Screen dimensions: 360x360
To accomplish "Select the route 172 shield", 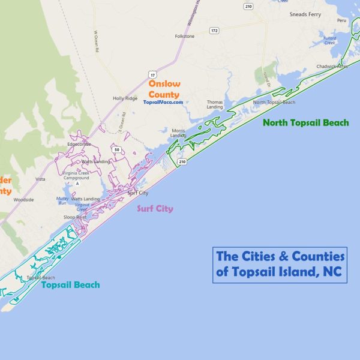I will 214,29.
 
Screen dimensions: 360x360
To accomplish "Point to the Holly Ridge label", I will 125,98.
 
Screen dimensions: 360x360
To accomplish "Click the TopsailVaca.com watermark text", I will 163,102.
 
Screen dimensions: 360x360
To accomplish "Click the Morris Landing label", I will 178,133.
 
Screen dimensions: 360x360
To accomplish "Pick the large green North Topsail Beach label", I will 306,122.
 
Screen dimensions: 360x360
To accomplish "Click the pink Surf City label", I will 155,209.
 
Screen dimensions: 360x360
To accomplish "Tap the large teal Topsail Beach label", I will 70,285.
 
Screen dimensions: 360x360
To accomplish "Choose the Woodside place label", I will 23,199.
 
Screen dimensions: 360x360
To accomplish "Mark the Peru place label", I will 341,20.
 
